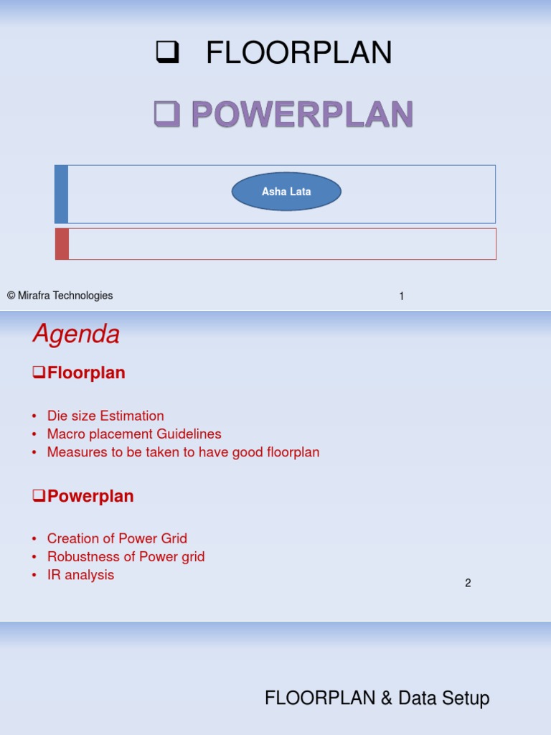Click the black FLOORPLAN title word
(x=298, y=53)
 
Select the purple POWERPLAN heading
(x=302, y=115)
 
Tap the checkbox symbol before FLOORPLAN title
(x=167, y=53)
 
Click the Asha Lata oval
(x=286, y=192)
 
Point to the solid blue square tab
(x=62, y=194)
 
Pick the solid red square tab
(x=62, y=244)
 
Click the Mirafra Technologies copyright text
(x=60, y=296)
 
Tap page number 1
(x=402, y=296)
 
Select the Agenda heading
(x=76, y=334)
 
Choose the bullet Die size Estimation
(x=105, y=416)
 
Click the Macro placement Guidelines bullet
(x=134, y=434)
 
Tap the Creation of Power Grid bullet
(x=117, y=538)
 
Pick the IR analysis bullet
(x=80, y=575)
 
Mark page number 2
(x=468, y=583)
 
